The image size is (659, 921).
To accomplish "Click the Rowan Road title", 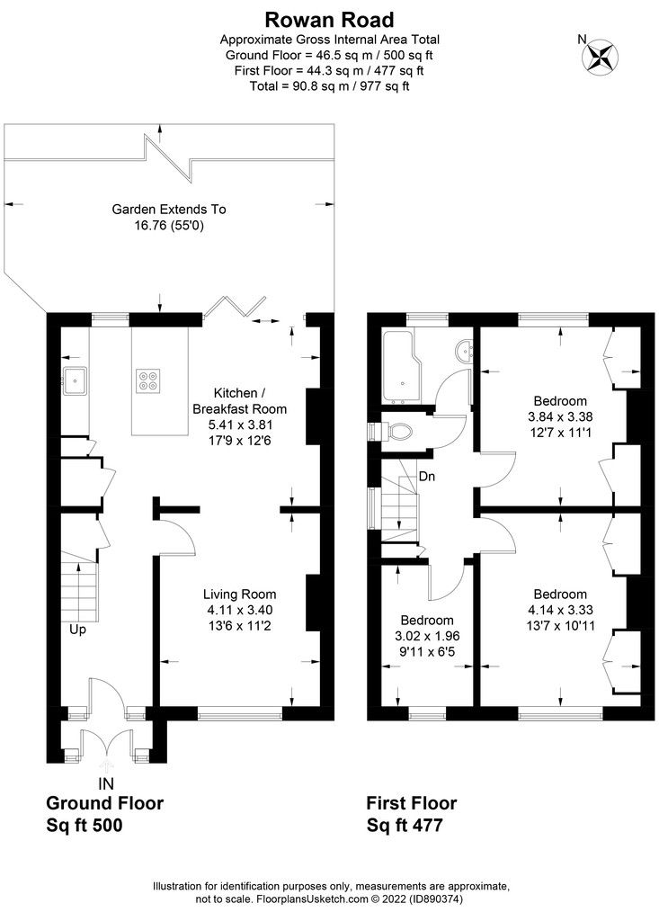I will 329,18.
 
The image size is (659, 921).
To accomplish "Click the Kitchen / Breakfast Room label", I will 239,401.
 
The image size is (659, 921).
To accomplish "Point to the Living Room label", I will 239,594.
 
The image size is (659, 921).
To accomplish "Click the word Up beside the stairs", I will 78,630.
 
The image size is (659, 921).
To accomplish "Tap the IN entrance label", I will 106,784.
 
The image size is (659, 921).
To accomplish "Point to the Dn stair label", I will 427,476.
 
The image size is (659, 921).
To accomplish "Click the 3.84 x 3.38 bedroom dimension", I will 560,416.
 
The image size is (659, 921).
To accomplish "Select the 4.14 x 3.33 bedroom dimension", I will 560,610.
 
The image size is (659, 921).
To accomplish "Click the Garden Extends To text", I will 169,209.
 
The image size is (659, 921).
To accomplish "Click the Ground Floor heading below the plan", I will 104,803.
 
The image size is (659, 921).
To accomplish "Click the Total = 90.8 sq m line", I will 329,86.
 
